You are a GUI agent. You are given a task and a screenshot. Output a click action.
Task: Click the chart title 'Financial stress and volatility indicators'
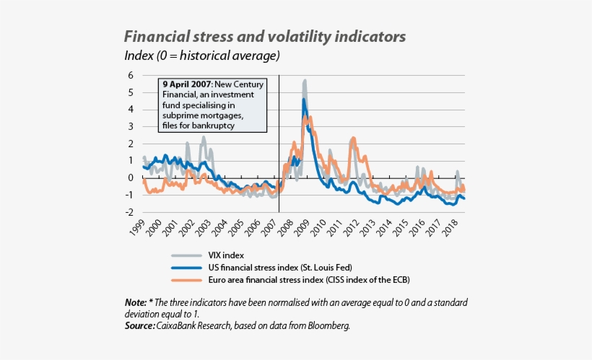pyautogui.click(x=265, y=36)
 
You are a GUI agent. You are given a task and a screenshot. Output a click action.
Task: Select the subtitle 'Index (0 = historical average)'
pyautogui.click(x=202, y=56)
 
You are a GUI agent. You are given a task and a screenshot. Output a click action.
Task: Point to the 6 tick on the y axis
pyautogui.click(x=131, y=75)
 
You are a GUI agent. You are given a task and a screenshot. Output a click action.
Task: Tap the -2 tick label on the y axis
pyautogui.click(x=129, y=212)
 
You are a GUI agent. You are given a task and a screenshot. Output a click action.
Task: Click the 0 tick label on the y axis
pyautogui.click(x=131, y=177)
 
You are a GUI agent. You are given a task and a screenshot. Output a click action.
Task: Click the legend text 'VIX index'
pyautogui.click(x=225, y=255)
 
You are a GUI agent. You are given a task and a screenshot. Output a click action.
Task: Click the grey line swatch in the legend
pyautogui.click(x=185, y=255)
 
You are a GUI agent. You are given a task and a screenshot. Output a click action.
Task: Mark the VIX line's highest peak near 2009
pyautogui.click(x=305, y=81)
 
